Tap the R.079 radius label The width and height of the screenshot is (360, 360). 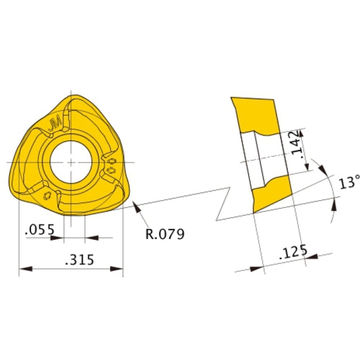(166, 234)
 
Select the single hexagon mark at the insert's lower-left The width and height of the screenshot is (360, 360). (47, 196)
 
